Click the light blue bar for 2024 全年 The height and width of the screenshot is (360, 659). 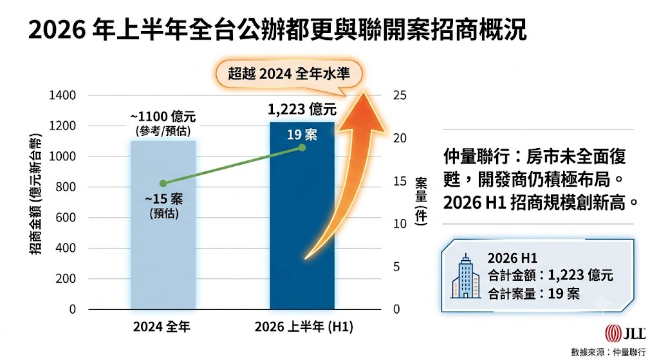[163, 225]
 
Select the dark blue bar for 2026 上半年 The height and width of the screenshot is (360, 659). [302, 216]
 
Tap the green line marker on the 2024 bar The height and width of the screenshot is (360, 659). [163, 183]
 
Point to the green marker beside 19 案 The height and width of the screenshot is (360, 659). [302, 147]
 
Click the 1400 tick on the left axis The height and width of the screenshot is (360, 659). [62, 95]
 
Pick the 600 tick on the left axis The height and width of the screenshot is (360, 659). [66, 218]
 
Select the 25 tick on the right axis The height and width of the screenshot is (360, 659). [400, 95]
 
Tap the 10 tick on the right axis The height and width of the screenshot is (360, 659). [400, 223]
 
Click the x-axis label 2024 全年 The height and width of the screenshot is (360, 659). [162, 327]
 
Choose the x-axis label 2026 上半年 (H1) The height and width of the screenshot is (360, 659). [304, 327]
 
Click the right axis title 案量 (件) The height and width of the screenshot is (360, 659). [421, 201]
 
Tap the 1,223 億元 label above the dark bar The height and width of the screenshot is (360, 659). [302, 109]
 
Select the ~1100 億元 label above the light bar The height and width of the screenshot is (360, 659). [163, 116]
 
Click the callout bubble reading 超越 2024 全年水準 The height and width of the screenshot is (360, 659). [289, 75]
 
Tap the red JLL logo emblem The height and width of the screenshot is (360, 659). [613, 334]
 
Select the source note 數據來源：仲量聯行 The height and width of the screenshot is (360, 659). [608, 352]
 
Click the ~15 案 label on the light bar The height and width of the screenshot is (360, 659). [164, 198]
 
